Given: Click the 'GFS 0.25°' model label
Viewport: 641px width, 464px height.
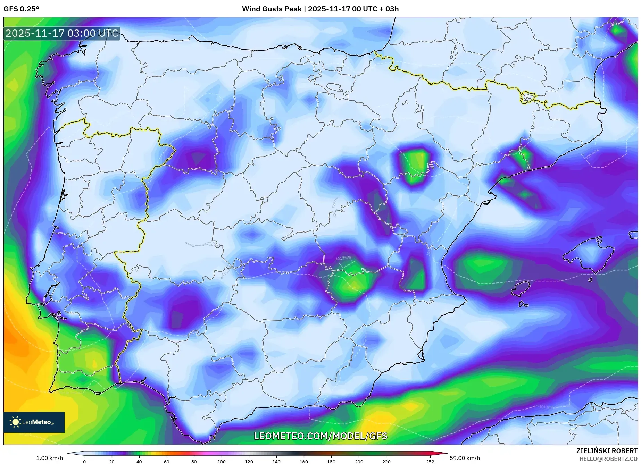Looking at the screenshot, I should click(21, 9).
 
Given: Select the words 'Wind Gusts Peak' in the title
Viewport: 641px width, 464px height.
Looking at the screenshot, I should click(272, 9).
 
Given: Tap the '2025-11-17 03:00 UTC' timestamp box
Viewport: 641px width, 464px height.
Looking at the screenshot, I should click(62, 34).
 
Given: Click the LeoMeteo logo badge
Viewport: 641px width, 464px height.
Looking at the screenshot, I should click(34, 422).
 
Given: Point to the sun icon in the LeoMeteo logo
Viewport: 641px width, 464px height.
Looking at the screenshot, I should click(15, 422).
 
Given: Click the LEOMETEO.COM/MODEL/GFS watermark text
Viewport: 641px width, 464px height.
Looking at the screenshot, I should click(320, 436).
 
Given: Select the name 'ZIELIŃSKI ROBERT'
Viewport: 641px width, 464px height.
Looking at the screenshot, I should click(607, 451).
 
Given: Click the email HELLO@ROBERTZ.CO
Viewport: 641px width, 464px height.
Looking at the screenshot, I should click(608, 459).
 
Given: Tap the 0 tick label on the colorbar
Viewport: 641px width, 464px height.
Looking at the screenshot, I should click(84, 462).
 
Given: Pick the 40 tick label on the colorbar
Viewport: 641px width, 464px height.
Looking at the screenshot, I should click(139, 462).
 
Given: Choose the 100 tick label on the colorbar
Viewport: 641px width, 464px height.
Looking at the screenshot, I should click(221, 462).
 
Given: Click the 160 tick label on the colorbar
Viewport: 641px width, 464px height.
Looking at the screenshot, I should click(303, 462).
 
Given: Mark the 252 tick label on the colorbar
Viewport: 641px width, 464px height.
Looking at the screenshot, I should click(430, 462).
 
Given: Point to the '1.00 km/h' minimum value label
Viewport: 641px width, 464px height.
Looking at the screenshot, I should click(49, 458).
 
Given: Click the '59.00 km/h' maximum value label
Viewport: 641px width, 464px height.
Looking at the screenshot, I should click(465, 458).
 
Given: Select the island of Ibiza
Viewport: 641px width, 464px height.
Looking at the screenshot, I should click(520, 289).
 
